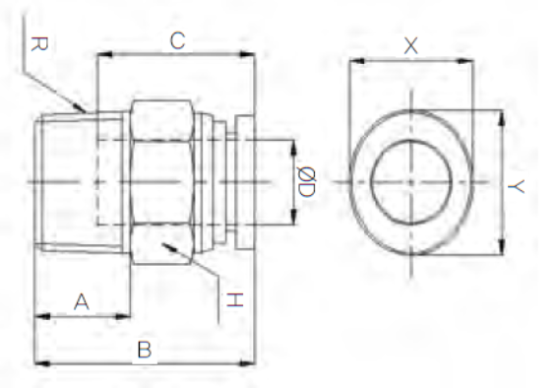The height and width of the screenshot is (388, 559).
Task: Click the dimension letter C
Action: (x=177, y=40)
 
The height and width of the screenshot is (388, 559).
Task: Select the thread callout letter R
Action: (x=39, y=44)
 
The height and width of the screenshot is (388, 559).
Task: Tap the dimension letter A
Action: (x=82, y=301)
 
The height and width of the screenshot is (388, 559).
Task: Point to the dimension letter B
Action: (x=145, y=350)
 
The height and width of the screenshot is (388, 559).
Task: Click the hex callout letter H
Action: (x=235, y=300)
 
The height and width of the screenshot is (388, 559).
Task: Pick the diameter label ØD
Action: (x=306, y=182)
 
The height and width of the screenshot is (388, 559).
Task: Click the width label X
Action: (x=410, y=46)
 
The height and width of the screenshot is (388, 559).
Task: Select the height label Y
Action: (x=516, y=186)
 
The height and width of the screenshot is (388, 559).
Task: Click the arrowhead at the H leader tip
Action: (x=169, y=248)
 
